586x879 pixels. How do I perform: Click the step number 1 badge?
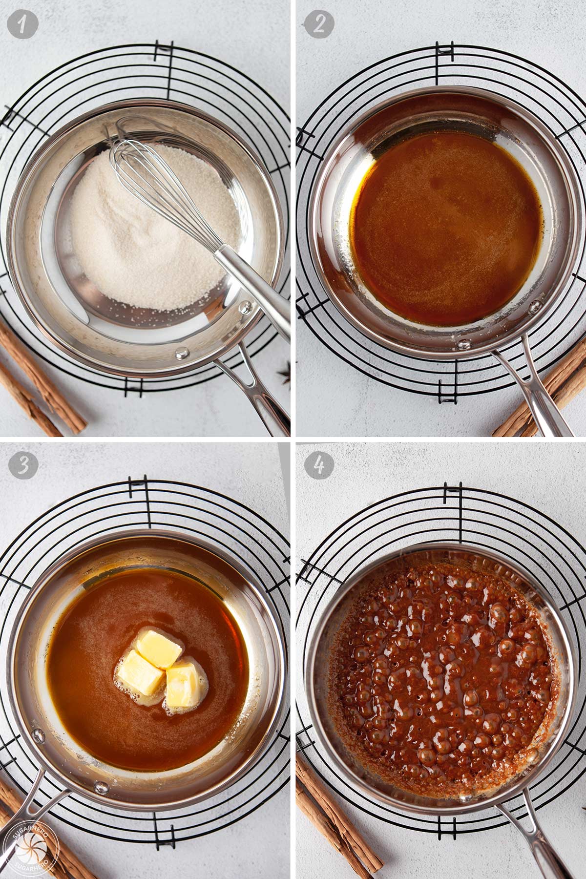tap(23, 23)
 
